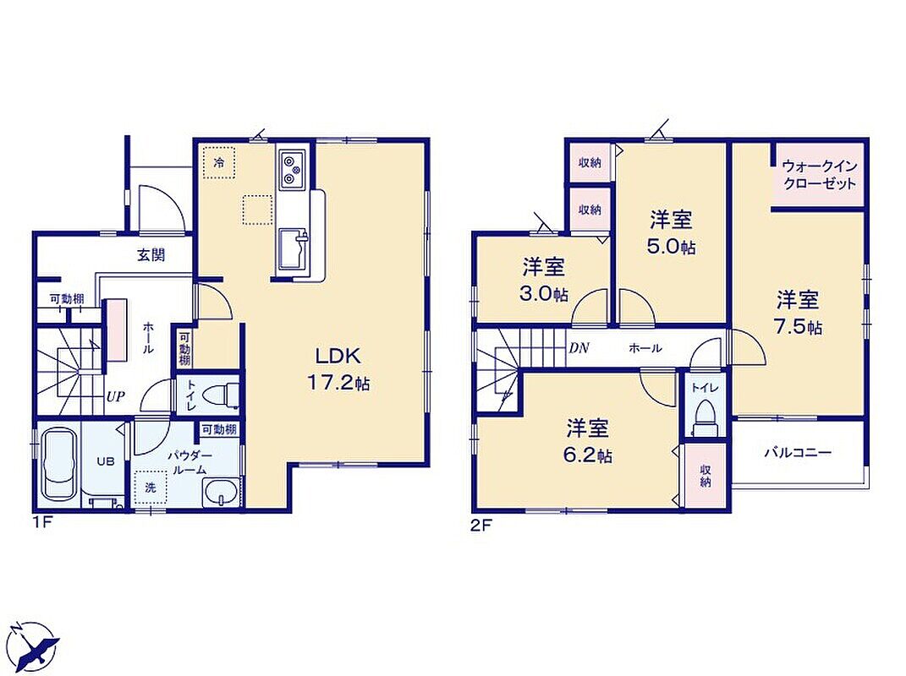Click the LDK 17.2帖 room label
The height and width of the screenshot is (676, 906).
(338, 369)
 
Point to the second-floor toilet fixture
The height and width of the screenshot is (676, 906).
(706, 417)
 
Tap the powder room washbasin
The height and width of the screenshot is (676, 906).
(220, 493)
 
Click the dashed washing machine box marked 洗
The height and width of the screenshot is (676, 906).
(151, 487)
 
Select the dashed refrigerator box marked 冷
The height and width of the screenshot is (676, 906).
(219, 162)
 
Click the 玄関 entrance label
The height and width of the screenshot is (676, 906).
(151, 254)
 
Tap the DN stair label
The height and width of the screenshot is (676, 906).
(579, 348)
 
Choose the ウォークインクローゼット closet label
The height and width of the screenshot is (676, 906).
(820, 175)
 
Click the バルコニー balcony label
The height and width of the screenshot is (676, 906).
(798, 451)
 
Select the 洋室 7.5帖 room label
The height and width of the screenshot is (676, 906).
(799, 313)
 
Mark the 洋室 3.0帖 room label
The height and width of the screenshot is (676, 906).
(545, 280)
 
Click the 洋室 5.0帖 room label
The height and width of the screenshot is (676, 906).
(672, 232)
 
